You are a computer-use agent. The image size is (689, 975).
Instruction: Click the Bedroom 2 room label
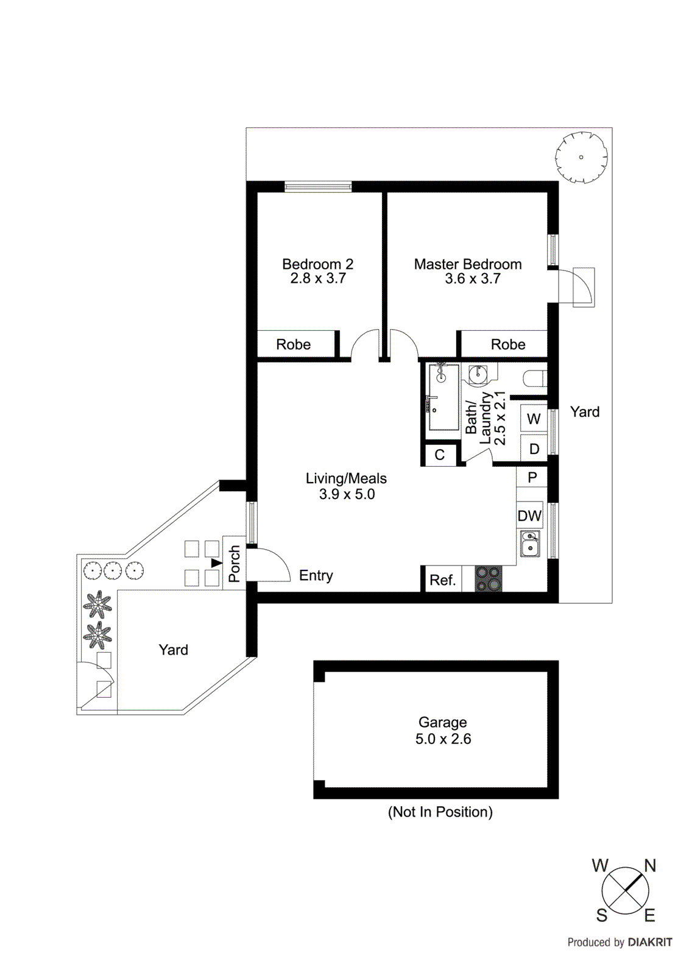click(317, 264)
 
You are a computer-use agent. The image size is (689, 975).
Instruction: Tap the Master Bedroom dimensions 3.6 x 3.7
click(472, 279)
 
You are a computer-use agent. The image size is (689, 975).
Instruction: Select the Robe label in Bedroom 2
click(293, 344)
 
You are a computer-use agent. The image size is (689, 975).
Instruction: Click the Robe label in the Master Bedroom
click(507, 344)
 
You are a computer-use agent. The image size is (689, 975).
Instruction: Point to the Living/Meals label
click(346, 478)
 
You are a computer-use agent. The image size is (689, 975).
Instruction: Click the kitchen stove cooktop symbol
click(488, 579)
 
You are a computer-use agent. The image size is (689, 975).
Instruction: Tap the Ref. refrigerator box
click(442, 580)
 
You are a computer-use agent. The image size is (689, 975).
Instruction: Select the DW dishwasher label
click(529, 516)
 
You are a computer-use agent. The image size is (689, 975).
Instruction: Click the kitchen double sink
click(529, 544)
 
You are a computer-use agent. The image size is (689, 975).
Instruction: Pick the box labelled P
click(532, 477)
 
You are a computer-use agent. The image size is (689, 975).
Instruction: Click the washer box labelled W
click(534, 419)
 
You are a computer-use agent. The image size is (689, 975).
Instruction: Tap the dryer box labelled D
click(534, 449)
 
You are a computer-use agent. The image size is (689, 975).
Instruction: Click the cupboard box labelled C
click(440, 455)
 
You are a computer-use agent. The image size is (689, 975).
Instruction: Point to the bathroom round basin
click(478, 375)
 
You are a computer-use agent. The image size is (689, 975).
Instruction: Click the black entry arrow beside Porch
click(216, 562)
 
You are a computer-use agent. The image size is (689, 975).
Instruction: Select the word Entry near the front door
click(316, 575)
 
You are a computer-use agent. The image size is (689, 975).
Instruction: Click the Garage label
click(442, 722)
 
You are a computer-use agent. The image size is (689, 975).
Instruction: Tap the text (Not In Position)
click(440, 812)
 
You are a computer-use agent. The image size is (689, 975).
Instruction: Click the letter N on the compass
click(649, 865)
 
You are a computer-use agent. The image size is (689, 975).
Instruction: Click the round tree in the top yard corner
click(581, 157)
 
